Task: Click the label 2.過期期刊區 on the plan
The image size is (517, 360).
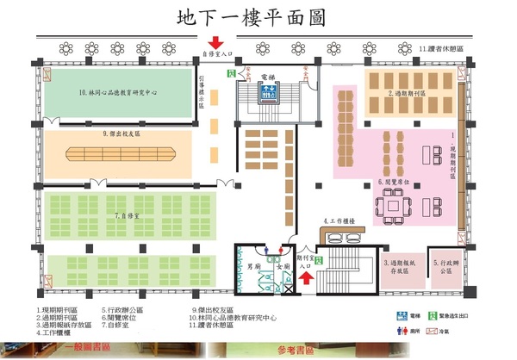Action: [x=405, y=93]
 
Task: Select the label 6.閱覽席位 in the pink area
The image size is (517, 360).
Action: [x=394, y=182]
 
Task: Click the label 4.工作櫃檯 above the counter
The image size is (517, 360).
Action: [x=339, y=221]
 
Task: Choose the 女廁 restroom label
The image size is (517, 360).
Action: [x=281, y=265]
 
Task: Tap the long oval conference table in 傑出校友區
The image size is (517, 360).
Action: [x=121, y=156]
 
